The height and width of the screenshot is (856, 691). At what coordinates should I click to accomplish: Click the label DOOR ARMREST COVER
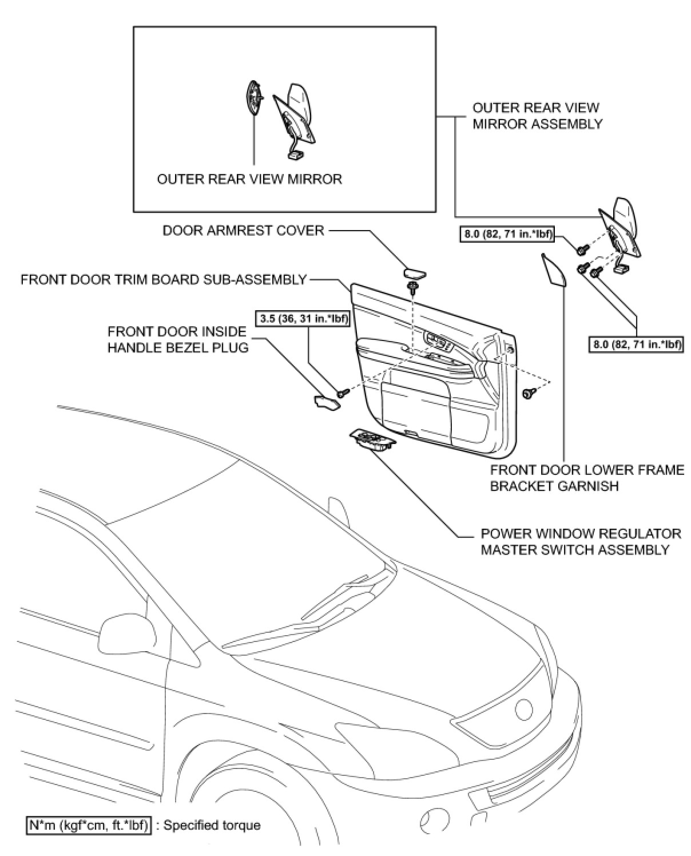[x=244, y=231]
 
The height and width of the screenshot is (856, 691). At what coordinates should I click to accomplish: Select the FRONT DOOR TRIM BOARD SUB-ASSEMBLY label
[x=164, y=280]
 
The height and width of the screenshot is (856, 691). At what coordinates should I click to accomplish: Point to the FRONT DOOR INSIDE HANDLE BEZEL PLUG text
[x=178, y=339]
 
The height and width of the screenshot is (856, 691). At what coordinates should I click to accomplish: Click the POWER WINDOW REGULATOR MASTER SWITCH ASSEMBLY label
[x=581, y=541]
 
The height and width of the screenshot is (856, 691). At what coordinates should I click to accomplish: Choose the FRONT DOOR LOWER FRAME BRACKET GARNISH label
[x=587, y=478]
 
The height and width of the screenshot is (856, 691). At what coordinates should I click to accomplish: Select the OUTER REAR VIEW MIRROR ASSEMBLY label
[x=537, y=116]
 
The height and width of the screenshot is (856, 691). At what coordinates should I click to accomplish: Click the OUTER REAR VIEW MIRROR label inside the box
[x=249, y=179]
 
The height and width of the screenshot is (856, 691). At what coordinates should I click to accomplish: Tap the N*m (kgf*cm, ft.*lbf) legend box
[x=89, y=825]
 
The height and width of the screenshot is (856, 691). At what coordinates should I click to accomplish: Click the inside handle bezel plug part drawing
[x=327, y=403]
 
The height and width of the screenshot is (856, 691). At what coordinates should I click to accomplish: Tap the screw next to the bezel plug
[x=343, y=393]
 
